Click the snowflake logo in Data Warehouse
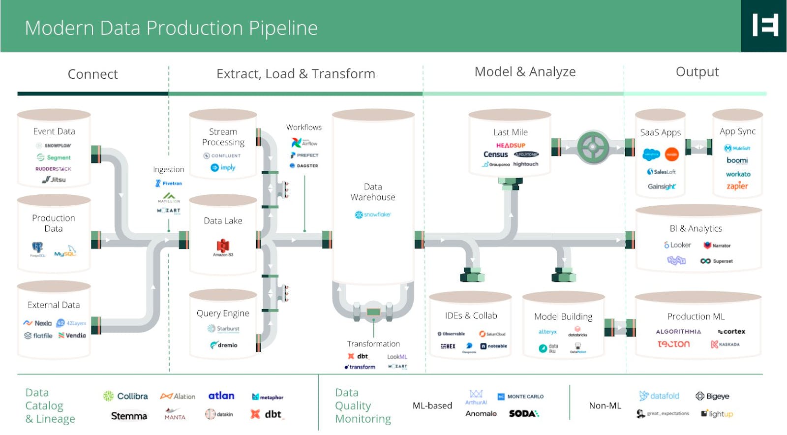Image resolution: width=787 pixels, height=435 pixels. pos(372,215)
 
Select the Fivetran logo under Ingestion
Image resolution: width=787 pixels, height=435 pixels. pos(169,183)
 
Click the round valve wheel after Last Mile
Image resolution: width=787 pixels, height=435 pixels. pos(593,147)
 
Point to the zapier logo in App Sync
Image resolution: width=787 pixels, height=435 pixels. pos(737,186)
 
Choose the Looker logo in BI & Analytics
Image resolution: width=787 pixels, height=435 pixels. pos(677,245)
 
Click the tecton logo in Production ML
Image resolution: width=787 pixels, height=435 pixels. pos(673,344)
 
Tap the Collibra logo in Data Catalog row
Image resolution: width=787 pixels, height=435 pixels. pos(125,396)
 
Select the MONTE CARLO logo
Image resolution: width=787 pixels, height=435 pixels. pos(521,396)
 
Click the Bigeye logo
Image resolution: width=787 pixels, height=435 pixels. pos(712,396)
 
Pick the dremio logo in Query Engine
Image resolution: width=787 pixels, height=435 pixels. pos(224,345)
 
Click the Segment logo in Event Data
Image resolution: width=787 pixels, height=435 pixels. pos(54,157)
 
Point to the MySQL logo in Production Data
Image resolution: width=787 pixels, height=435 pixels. pos(65,251)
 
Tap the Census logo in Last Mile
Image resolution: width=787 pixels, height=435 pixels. pos(495,155)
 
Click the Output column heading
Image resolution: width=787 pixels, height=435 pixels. pos(697,72)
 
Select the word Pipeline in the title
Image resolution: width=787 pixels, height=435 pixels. pos(283,28)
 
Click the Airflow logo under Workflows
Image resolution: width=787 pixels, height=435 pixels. pos(304,143)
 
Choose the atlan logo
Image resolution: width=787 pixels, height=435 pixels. pos(221,396)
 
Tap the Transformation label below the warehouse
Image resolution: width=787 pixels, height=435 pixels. pos(373,344)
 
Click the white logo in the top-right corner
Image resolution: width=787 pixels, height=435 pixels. pos(765,25)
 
